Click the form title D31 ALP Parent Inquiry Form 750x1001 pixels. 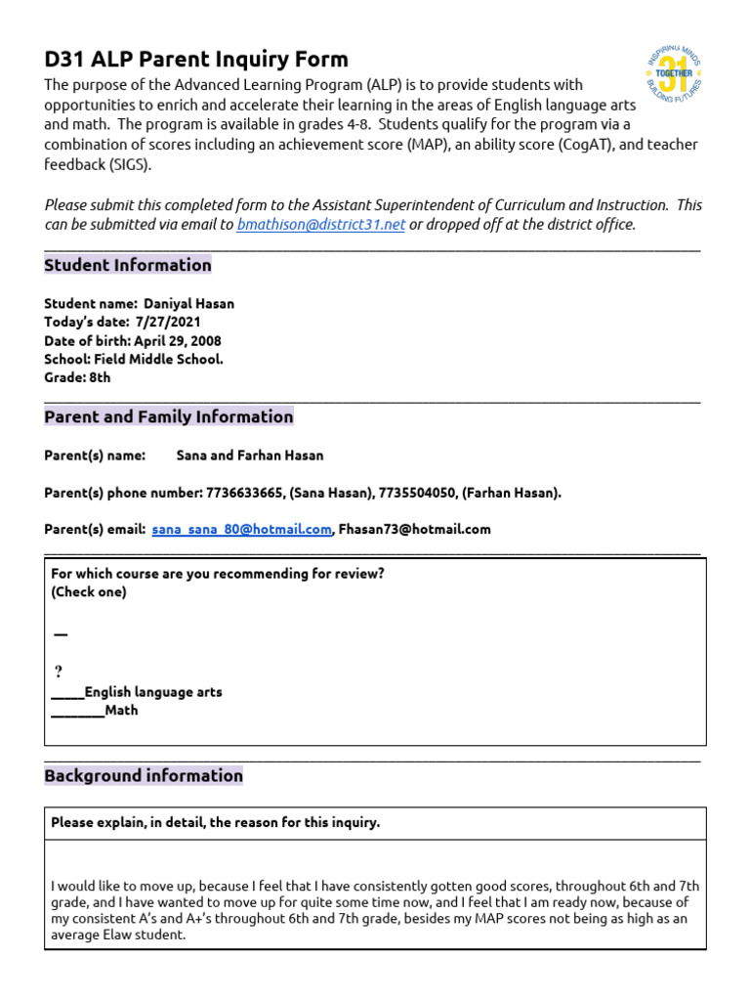coord(196,60)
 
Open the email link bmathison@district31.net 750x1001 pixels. coord(320,225)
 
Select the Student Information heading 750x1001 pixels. coord(128,265)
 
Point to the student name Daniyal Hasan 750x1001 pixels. coord(189,304)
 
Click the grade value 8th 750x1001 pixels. coord(101,377)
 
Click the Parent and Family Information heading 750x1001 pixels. coord(169,416)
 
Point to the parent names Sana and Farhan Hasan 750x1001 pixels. coord(250,456)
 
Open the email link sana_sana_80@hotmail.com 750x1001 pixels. coord(242,530)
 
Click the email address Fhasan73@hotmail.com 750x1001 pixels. coord(414,530)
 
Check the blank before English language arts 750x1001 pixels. coord(67,693)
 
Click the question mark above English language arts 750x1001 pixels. coord(59,672)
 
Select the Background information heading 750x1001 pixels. coord(144,775)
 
